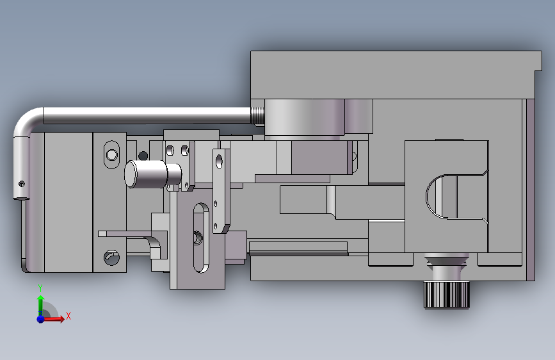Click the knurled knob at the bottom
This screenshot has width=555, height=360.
[446, 295]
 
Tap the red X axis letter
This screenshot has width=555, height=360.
[68, 316]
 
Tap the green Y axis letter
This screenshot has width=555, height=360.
[40, 288]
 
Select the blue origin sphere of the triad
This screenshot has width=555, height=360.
[41, 319]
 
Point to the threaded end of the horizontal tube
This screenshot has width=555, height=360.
[258, 115]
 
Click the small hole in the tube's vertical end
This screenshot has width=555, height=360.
[22, 184]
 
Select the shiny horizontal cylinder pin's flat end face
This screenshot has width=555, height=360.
[131, 174]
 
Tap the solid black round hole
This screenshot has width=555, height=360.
[143, 156]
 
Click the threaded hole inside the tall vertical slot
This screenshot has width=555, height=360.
[198, 238]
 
